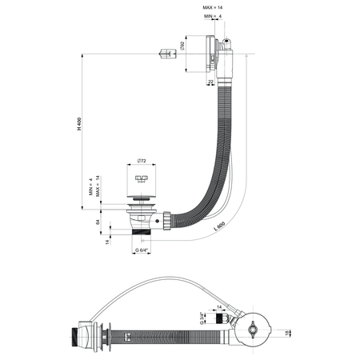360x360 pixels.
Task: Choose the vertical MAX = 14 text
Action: point(99,186)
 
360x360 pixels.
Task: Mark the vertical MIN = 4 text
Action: point(91,190)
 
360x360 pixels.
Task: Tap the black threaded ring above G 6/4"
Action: point(145,235)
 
